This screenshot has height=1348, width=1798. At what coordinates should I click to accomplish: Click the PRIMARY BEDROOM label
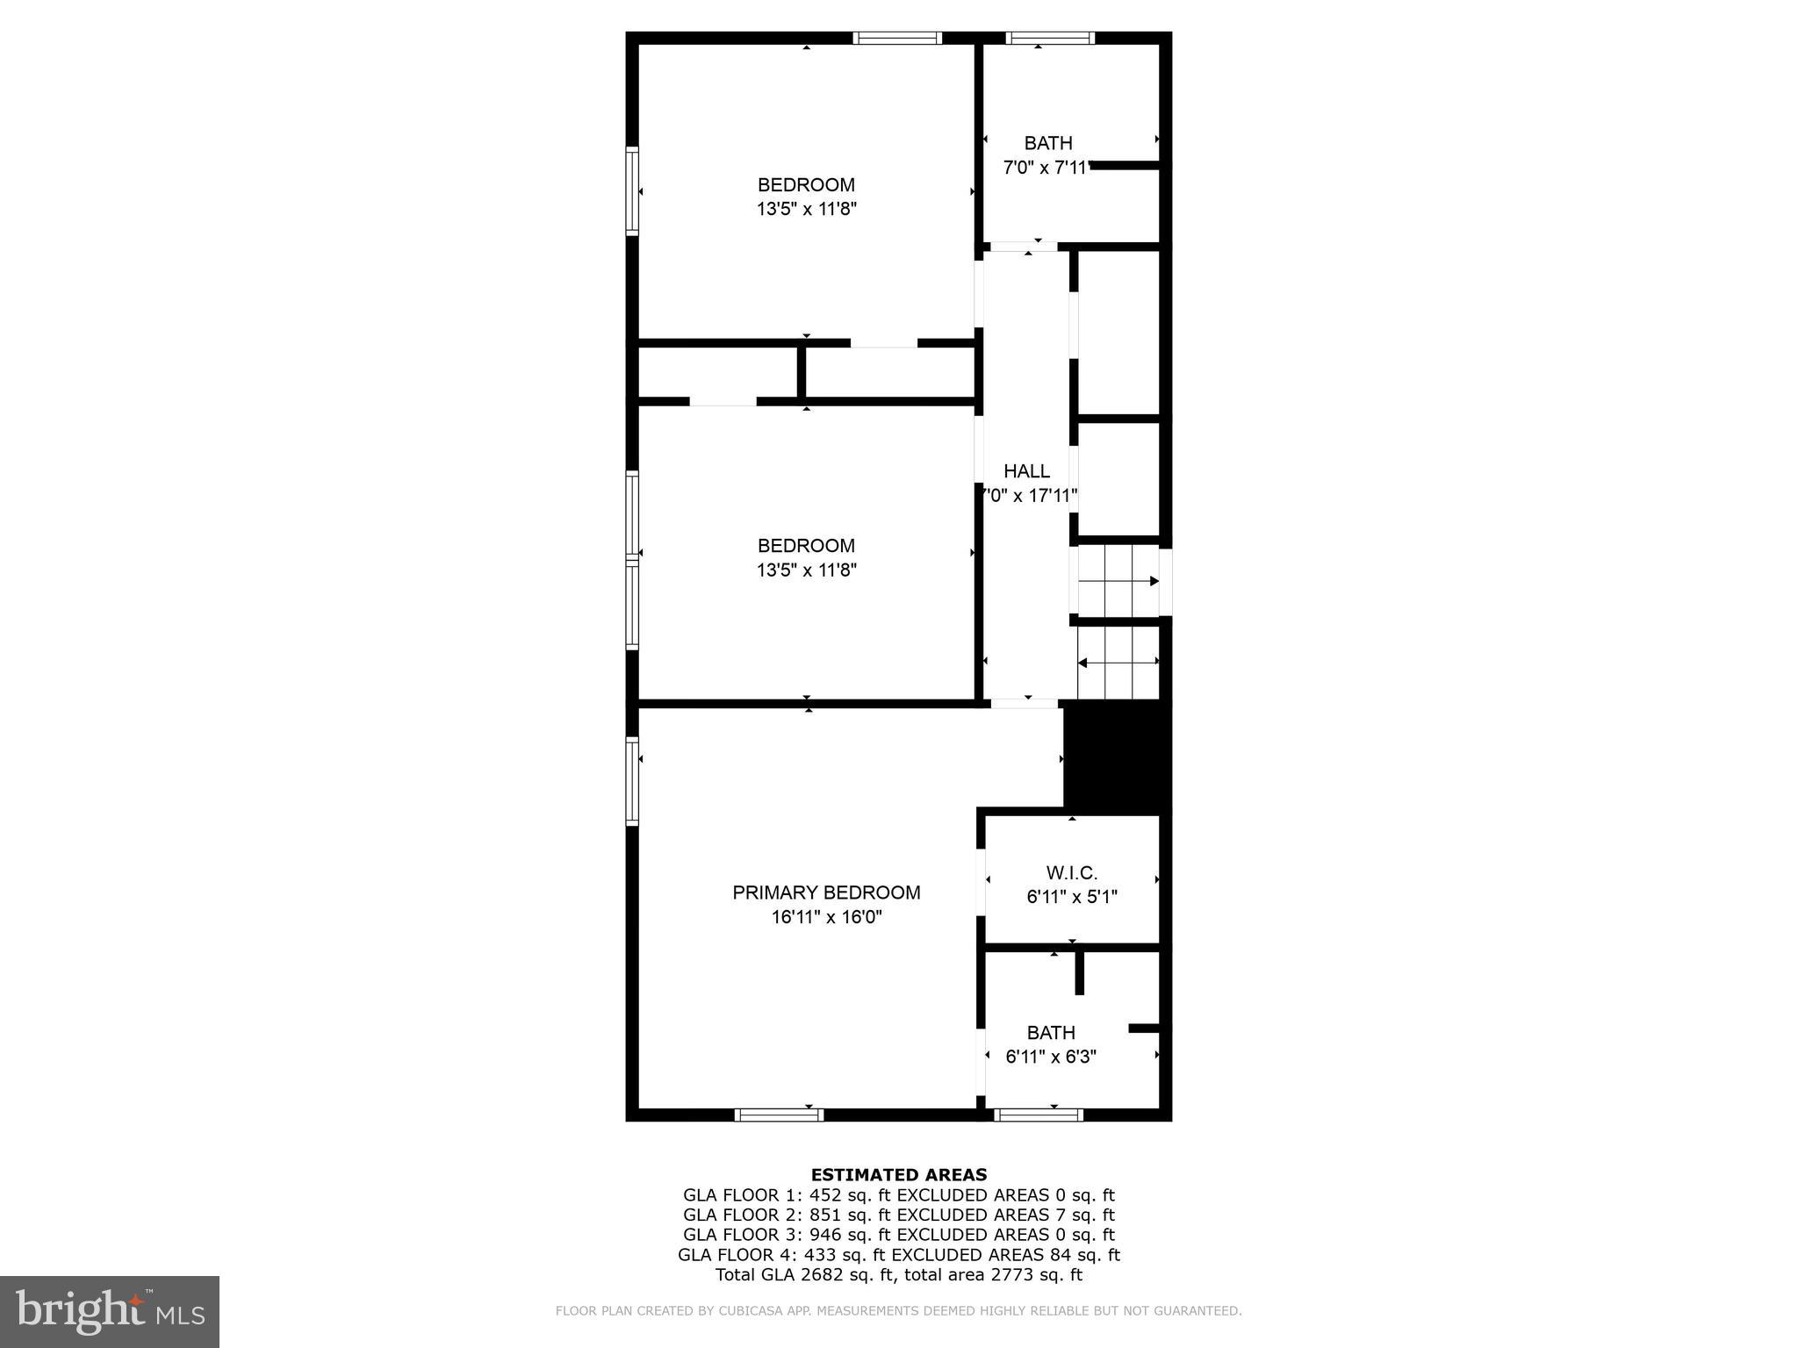click(826, 893)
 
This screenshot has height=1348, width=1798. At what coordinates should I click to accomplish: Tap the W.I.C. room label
click(1071, 872)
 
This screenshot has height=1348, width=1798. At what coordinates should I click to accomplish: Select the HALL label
click(1026, 471)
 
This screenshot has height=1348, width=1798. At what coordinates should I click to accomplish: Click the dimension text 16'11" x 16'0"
click(826, 917)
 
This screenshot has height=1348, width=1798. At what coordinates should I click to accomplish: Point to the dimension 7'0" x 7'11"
click(1046, 168)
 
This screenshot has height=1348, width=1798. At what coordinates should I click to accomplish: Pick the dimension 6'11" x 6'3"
click(1051, 1057)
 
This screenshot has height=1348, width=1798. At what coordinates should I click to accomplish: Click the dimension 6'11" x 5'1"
click(1071, 897)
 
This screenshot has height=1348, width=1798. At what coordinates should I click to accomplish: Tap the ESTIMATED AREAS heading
click(898, 1174)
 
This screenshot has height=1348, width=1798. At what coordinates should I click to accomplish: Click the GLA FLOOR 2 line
click(898, 1215)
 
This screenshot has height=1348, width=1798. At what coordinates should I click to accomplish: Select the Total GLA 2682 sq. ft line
click(898, 1274)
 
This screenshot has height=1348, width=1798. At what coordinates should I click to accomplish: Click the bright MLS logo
click(110, 1312)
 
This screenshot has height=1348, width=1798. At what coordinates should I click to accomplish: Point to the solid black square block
click(1117, 757)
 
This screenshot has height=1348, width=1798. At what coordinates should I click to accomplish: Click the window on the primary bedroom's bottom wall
click(779, 1115)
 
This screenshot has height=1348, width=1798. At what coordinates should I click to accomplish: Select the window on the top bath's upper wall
click(1050, 38)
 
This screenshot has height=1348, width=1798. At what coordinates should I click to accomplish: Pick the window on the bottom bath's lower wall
click(1039, 1115)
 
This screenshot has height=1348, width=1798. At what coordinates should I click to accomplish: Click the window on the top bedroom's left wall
click(632, 190)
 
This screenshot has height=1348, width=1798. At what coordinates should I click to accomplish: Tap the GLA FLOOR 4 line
click(898, 1255)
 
